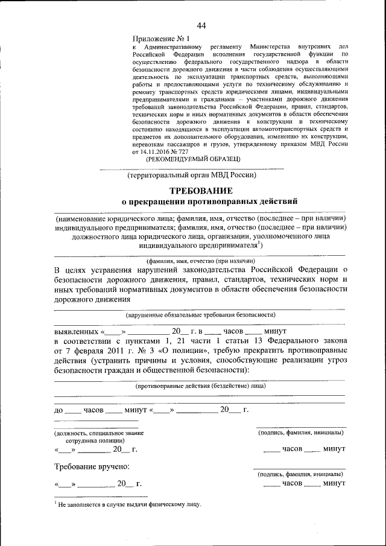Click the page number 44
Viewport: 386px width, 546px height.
click(x=201, y=25)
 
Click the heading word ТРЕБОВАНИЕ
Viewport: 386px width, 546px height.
click(x=200, y=191)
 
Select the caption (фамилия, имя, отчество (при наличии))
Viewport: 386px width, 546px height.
click(x=200, y=260)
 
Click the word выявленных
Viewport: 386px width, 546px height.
click(x=77, y=332)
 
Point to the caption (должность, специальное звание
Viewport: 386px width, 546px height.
click(x=99, y=433)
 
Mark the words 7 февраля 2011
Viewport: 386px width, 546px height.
click(x=93, y=351)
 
